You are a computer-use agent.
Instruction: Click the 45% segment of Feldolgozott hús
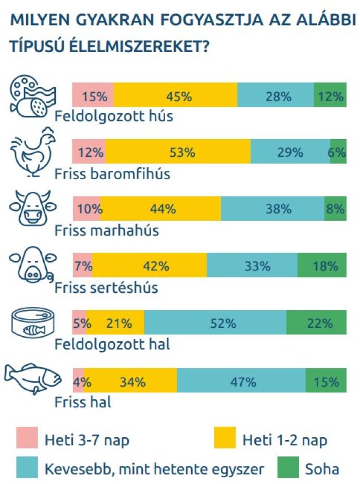[175, 95]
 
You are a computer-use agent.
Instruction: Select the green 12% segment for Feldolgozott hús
[330, 95]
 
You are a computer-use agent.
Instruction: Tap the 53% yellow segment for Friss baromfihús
[178, 152]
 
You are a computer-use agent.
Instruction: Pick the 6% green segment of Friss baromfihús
[338, 152]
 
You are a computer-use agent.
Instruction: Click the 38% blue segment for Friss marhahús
[272, 209]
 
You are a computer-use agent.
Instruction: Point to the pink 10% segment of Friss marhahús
[86, 209]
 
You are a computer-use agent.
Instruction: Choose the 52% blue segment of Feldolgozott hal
[215, 322]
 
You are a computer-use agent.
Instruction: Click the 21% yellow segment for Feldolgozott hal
[116, 322]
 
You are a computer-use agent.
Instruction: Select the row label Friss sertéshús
[106, 287]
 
